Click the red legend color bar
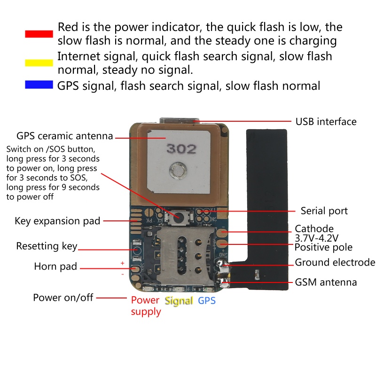39,34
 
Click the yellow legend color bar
39,63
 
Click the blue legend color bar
39,85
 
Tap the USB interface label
326,122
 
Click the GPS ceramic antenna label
64,136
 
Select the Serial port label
324,211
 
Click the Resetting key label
47,246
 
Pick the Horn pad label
55,267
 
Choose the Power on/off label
63,298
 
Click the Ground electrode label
335,262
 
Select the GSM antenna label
326,282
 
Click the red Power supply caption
146,306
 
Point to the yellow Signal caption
179,301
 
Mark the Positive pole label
323,247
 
